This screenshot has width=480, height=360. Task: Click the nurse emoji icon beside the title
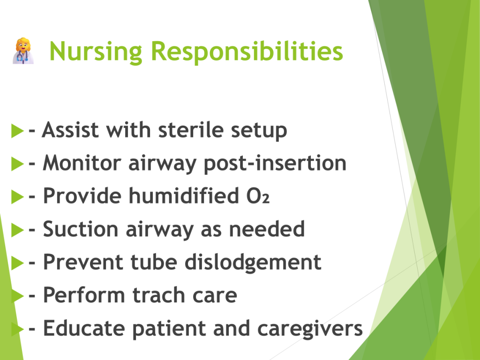click(x=23, y=51)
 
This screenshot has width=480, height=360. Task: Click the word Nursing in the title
click(x=96, y=52)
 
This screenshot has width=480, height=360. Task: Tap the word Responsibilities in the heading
click(x=247, y=52)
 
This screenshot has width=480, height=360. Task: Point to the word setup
click(x=259, y=131)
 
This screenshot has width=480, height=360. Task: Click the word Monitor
click(x=82, y=163)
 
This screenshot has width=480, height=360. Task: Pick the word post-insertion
click(x=275, y=164)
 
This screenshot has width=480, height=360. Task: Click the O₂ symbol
click(x=258, y=196)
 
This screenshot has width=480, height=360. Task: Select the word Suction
click(x=81, y=229)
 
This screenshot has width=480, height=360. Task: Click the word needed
click(x=267, y=229)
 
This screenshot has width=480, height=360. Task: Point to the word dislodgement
click(x=253, y=262)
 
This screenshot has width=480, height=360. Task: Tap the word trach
click(x=159, y=295)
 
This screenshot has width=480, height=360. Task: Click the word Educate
click(x=84, y=328)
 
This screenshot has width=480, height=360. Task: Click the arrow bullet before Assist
click(x=17, y=131)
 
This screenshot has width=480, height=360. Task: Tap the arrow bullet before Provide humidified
click(x=17, y=196)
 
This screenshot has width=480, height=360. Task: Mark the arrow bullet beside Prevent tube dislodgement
click(x=17, y=262)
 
